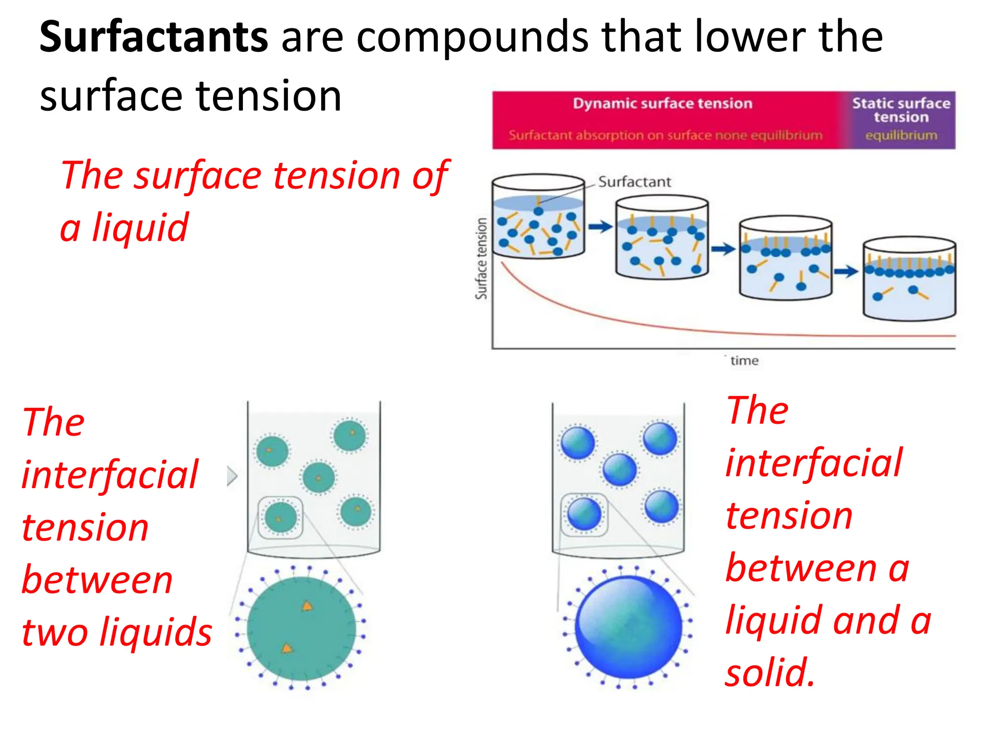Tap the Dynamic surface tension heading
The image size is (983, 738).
662,104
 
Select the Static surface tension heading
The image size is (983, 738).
901,110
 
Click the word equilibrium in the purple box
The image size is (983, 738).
901,135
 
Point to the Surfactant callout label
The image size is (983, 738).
634,182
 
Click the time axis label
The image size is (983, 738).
744,361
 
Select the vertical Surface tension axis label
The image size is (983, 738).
481,258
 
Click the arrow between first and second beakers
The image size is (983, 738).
600,226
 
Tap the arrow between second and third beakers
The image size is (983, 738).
723,249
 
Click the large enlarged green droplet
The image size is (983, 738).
301,628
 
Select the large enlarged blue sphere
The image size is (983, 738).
628,627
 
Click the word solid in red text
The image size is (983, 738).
769,673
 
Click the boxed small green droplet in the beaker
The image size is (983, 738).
280,517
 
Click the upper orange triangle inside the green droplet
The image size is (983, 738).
307,606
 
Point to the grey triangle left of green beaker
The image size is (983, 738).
232,476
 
